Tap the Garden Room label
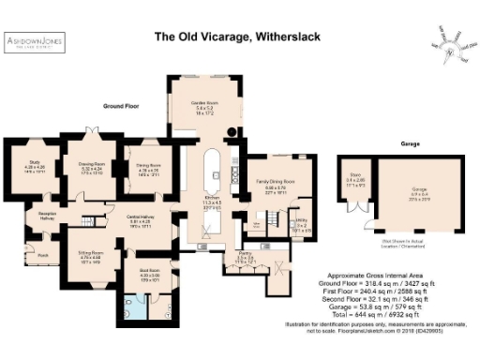(205, 105)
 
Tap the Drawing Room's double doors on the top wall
(91, 131)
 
